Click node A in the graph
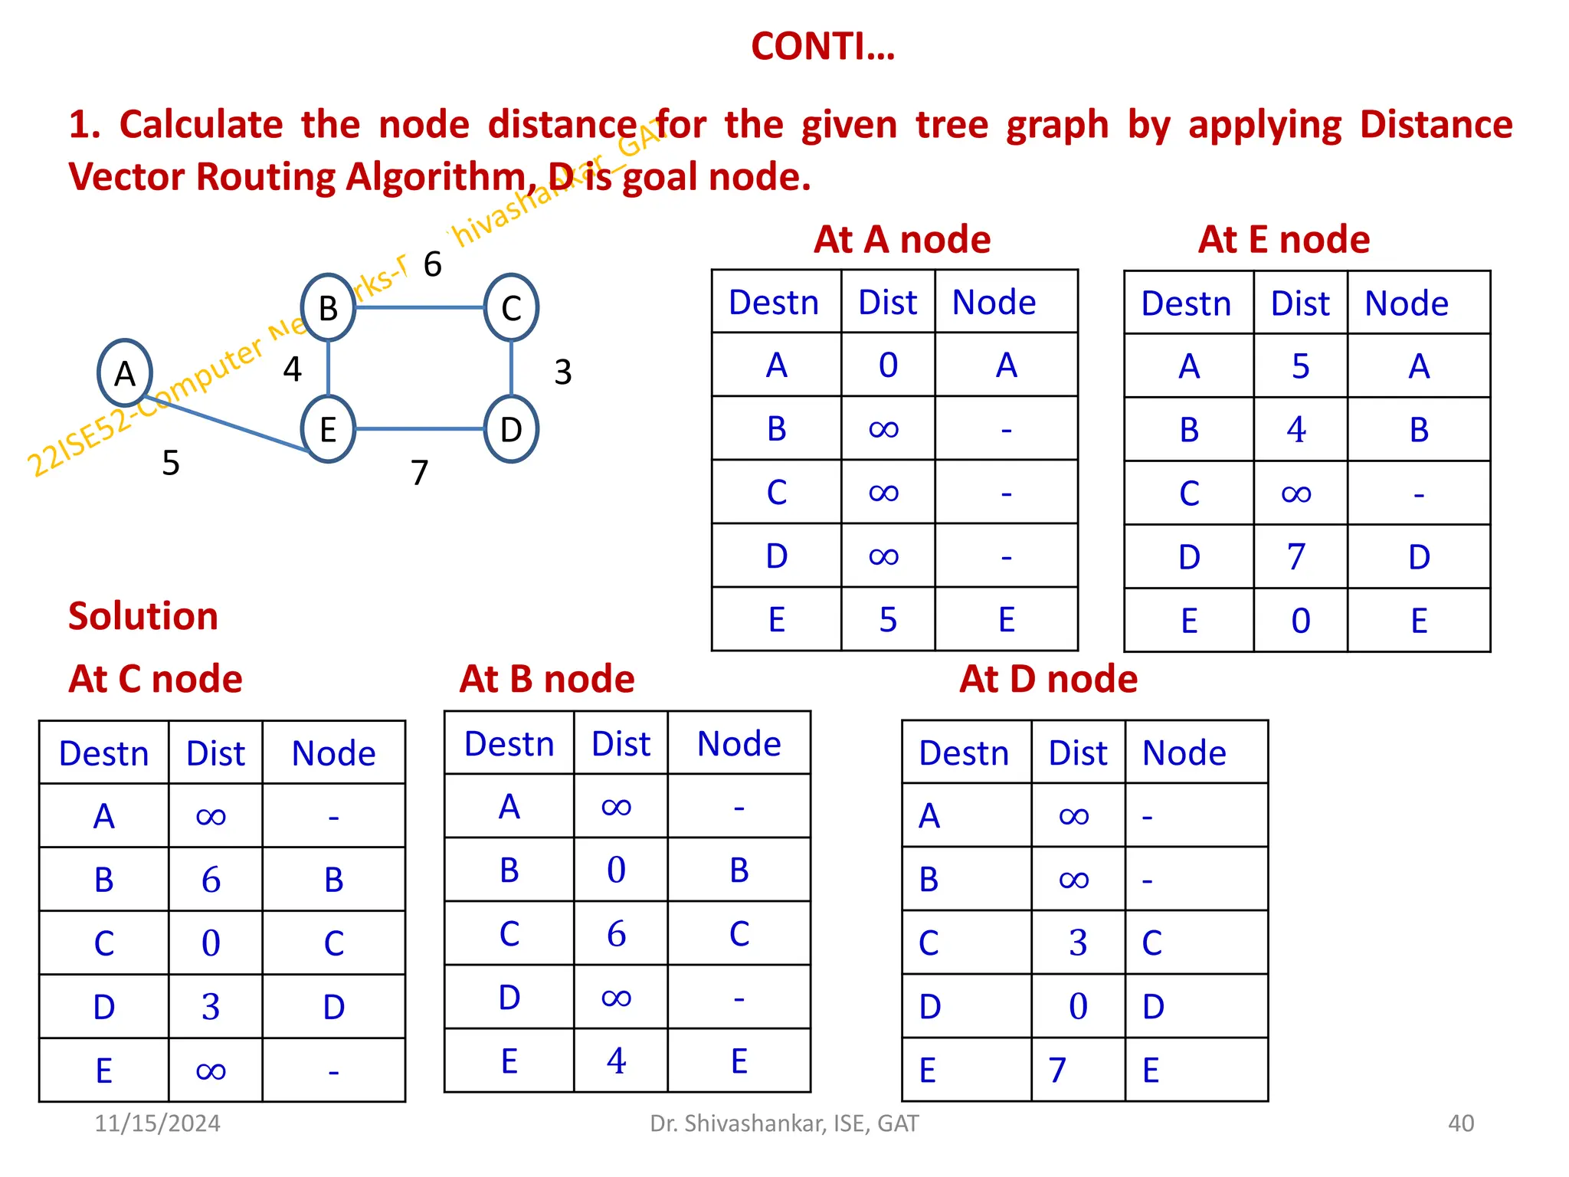pyautogui.click(x=125, y=373)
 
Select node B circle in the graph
pyautogui.click(x=328, y=307)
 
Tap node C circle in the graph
pyautogui.click(x=511, y=307)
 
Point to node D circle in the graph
pyautogui.click(x=511, y=429)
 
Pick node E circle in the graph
pyautogui.click(x=328, y=429)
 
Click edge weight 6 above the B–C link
pyautogui.click(x=433, y=264)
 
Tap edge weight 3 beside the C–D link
pyautogui.click(x=563, y=372)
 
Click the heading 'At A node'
pyautogui.click(x=902, y=239)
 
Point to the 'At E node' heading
pyautogui.click(x=1284, y=239)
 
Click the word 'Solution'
pyautogui.click(x=143, y=616)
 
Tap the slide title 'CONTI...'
pyautogui.click(x=823, y=47)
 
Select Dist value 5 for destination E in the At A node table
pyautogui.click(x=888, y=619)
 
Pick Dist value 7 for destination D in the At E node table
pyautogui.click(x=1296, y=557)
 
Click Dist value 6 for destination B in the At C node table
pyautogui.click(x=211, y=880)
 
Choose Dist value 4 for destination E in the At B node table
pyautogui.click(x=617, y=1061)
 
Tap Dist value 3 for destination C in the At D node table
pyautogui.click(x=1078, y=943)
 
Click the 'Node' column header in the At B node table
pyautogui.click(x=739, y=743)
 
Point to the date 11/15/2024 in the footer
pyautogui.click(x=157, y=1123)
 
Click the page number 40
pyautogui.click(x=1461, y=1123)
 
